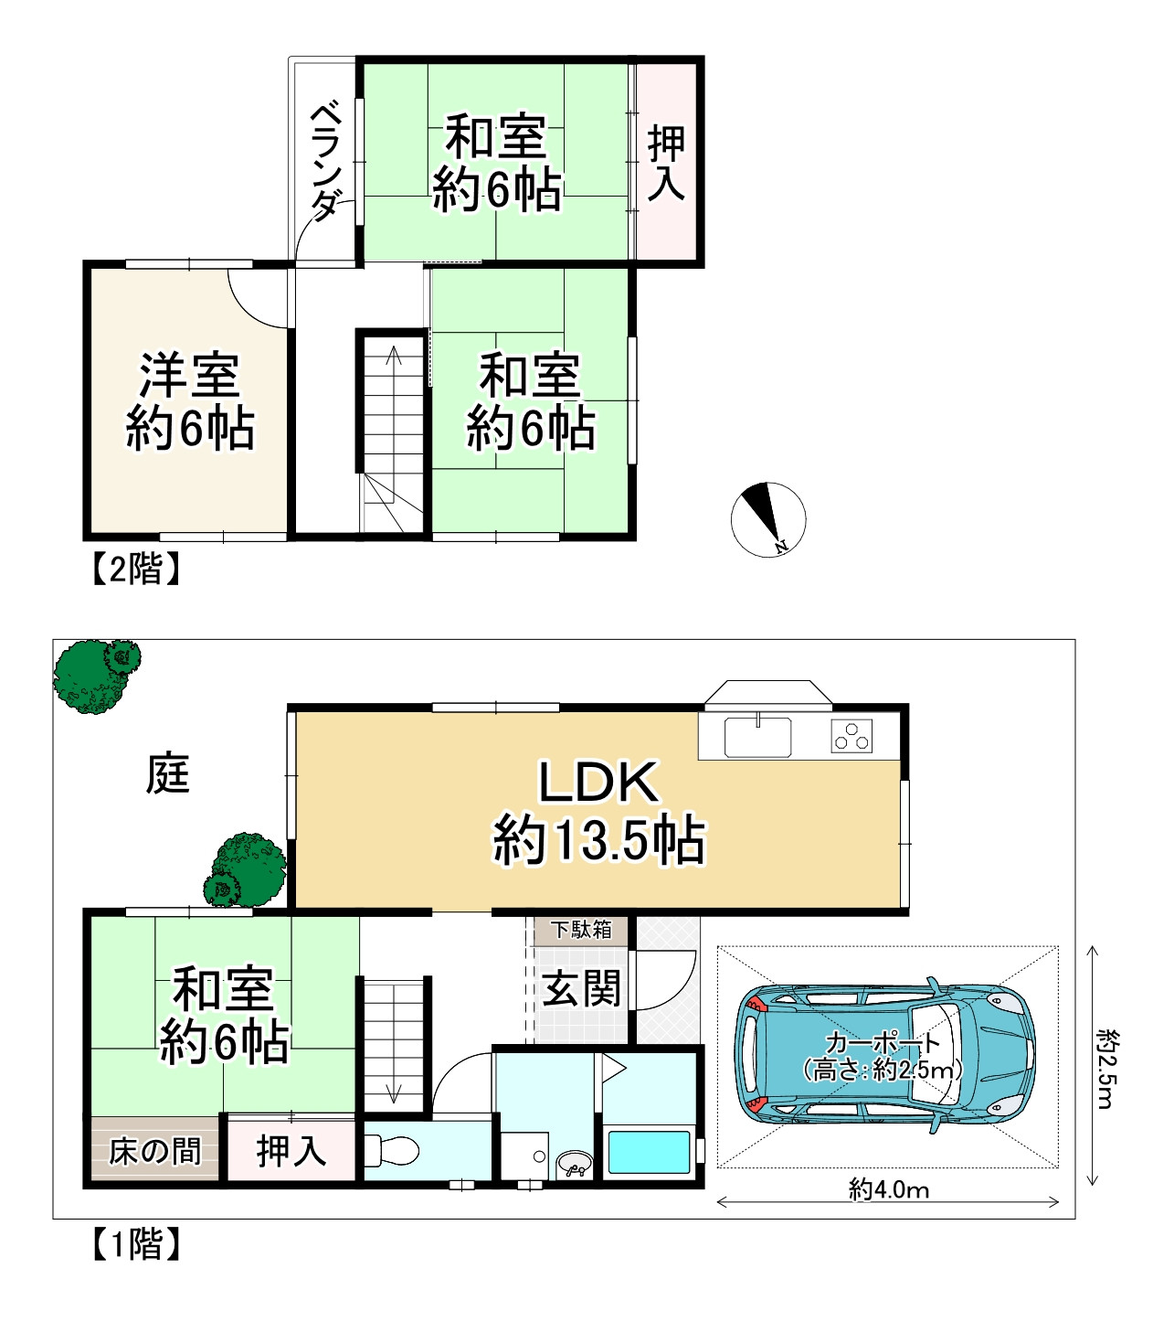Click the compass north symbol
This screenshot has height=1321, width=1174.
pos(768,519)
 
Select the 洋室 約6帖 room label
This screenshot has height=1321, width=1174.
pos(190,401)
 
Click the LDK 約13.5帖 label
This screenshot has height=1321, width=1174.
pos(598,812)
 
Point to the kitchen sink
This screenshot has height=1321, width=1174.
pos(757,737)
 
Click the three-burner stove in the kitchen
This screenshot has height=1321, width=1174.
pos(851,736)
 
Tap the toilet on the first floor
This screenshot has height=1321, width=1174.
pos(391,1149)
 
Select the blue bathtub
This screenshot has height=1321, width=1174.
pos(649,1152)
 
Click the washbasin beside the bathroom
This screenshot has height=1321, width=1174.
pos(574,1164)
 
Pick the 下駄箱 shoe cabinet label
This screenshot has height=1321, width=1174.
pos(581,929)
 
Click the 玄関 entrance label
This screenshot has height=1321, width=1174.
pos(581,988)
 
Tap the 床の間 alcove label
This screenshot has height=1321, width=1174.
pos(155,1152)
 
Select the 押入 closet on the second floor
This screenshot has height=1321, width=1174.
pos(666,163)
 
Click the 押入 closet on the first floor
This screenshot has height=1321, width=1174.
pos(291,1151)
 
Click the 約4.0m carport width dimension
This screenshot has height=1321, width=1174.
pos(889,1190)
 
